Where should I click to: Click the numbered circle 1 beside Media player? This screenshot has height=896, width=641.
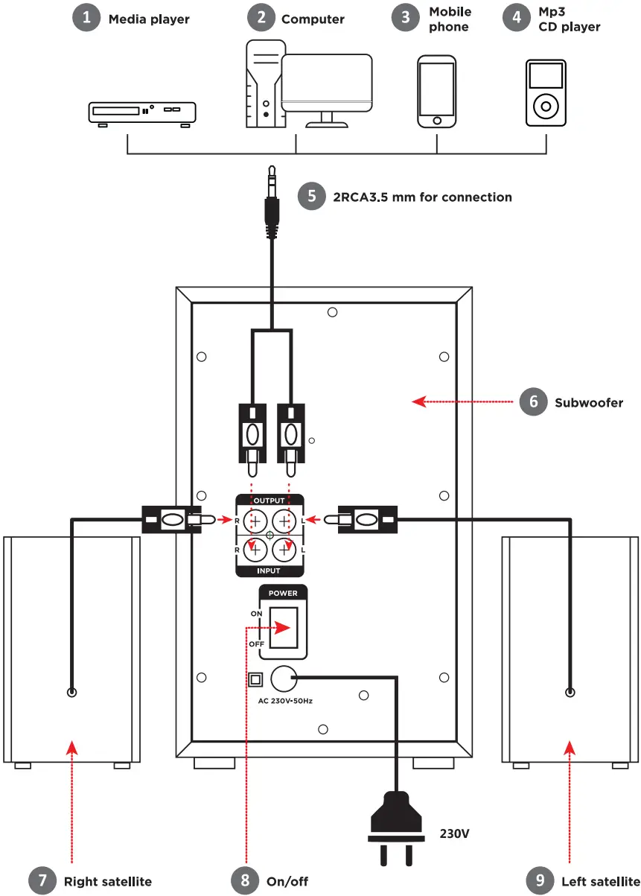[86, 18]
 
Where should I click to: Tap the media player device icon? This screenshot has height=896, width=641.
[142, 112]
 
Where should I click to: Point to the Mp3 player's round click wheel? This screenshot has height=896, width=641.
[546, 107]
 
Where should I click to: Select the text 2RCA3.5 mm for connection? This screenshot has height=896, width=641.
[422, 197]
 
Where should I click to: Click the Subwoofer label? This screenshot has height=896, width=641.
[588, 403]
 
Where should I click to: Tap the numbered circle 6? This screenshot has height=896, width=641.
[533, 402]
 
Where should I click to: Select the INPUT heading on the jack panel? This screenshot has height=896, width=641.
[269, 571]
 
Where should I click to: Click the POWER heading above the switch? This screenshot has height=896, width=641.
[283, 594]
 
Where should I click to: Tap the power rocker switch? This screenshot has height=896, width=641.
[284, 627]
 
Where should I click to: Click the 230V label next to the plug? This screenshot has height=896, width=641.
[455, 833]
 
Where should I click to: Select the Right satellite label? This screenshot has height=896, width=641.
[107, 881]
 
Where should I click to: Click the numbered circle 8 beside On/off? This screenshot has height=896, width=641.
[244, 880]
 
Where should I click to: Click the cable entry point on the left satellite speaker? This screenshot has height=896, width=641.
[570, 692]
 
